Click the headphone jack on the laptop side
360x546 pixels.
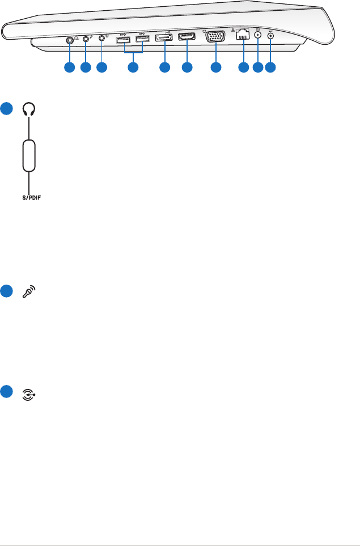click(x=69, y=40)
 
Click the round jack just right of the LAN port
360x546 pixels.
click(x=258, y=36)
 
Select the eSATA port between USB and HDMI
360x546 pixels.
click(x=164, y=39)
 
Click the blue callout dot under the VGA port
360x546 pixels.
click(x=215, y=68)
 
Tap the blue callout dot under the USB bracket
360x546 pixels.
click(x=133, y=68)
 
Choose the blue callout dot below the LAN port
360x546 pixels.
click(x=243, y=68)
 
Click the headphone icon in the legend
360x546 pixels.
click(x=29, y=110)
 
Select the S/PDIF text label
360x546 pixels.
click(x=28, y=198)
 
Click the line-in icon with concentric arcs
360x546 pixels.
click(x=29, y=392)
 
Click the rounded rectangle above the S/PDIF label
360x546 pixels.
click(x=29, y=155)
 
